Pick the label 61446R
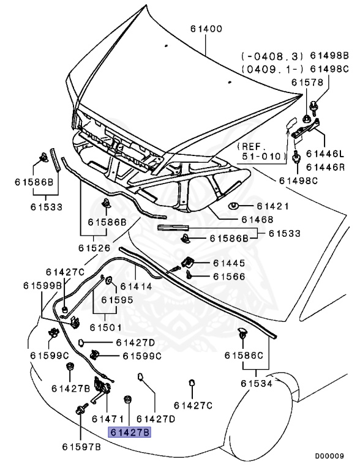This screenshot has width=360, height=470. point(326,166)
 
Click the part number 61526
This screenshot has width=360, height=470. point(94,248)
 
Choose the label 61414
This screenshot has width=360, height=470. point(135,286)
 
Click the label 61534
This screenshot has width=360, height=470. point(257,383)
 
